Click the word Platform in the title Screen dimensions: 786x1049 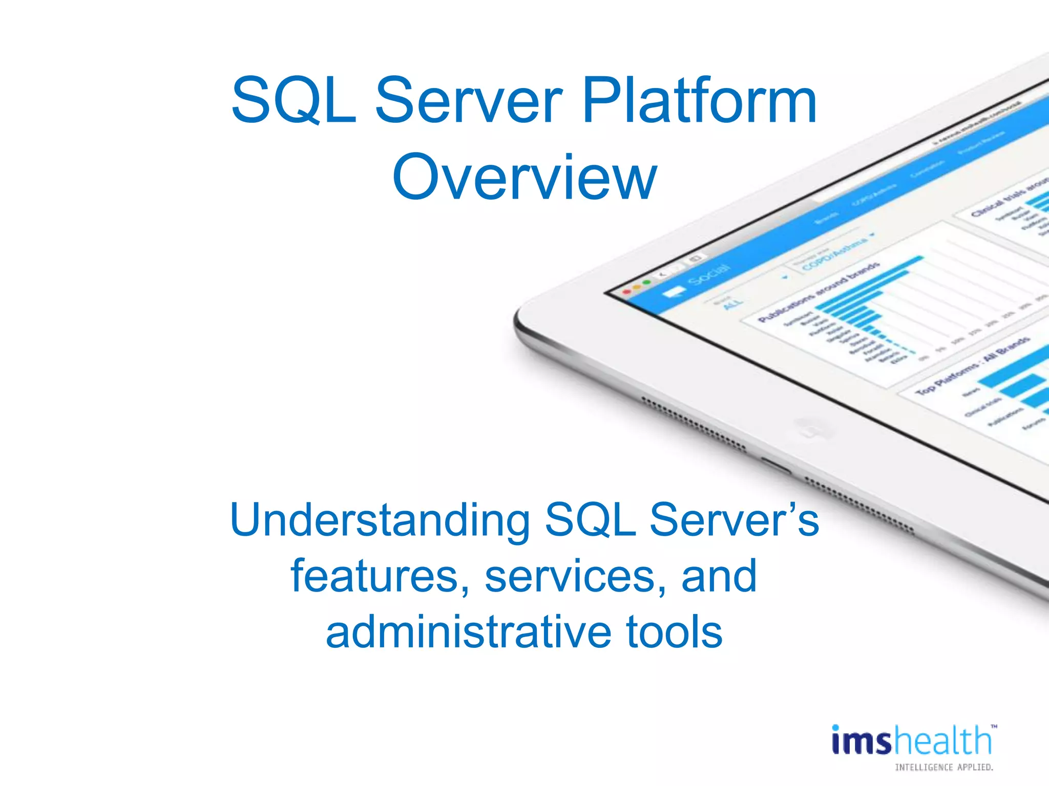pos(699,101)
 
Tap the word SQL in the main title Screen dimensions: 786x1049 pos(293,101)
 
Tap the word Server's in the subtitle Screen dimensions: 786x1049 pos(733,520)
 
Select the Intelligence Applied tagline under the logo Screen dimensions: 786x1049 pos(943,767)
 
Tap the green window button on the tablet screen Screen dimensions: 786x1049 pos(646,282)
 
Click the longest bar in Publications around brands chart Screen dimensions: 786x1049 pos(871,282)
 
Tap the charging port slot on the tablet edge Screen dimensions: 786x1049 pos(775,466)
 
